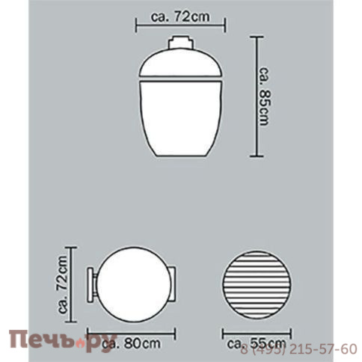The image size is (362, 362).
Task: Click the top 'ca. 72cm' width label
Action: [x=180, y=16]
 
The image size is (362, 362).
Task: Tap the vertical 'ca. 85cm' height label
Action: [x=265, y=96]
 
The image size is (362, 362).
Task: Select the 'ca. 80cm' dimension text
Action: [x=131, y=343]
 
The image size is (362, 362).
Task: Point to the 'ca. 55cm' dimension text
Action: [x=257, y=344]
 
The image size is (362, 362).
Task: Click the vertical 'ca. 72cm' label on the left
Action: [x=62, y=284]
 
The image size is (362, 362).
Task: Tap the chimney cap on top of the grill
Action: [x=181, y=43]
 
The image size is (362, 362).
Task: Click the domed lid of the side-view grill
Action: [x=181, y=62]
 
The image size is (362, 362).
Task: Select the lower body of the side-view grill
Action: [x=180, y=117]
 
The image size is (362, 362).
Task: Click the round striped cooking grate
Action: [x=257, y=284]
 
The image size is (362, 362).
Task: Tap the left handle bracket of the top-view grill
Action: [x=91, y=284]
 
